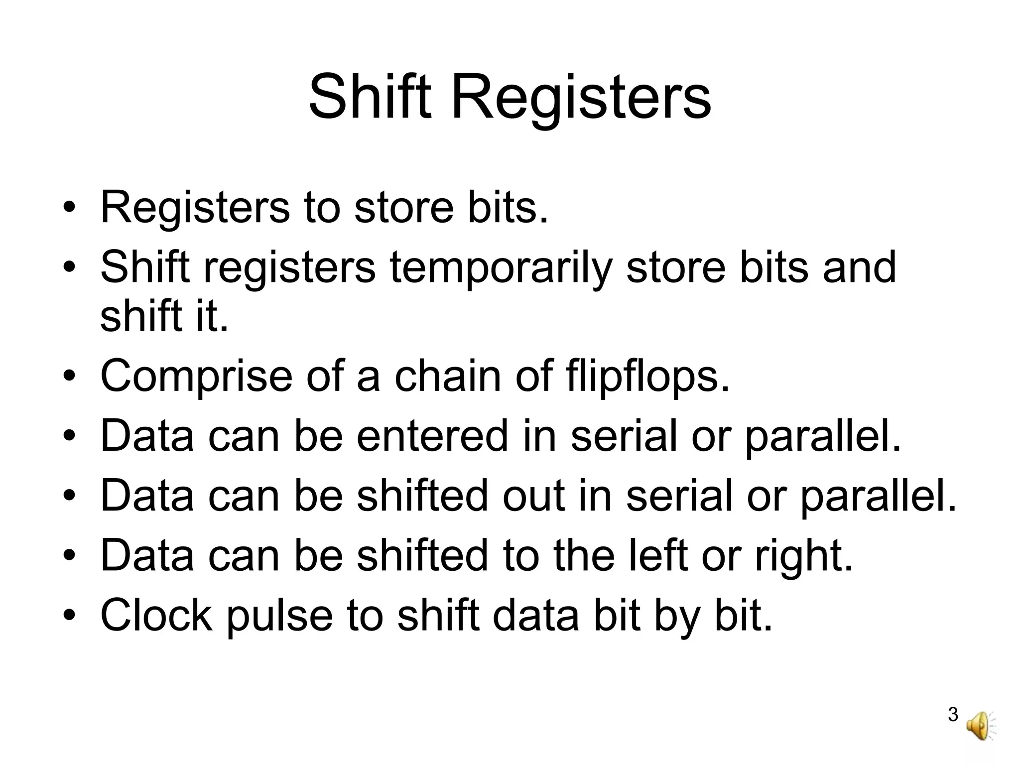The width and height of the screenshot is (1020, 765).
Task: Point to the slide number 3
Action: tap(953, 715)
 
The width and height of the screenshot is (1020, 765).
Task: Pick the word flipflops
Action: tap(647, 378)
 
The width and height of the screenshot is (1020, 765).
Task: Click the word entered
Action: tap(432, 436)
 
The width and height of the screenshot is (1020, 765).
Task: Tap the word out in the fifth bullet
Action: tap(533, 497)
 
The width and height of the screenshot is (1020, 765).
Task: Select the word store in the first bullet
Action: tap(404, 207)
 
